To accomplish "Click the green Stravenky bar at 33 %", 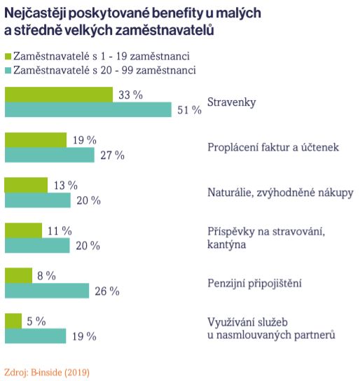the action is tap(59, 95).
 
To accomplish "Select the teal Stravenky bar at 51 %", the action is tap(88, 109).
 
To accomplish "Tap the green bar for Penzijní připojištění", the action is tap(18, 275).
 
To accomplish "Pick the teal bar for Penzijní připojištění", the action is tap(47, 291).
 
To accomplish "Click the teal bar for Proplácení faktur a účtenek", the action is tap(50, 155).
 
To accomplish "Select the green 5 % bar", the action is tap(13, 321).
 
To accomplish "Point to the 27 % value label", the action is tap(113, 155).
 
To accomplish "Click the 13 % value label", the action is tap(66, 186).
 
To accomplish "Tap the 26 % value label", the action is tap(107, 291).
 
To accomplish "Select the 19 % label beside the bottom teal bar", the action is tap(84, 337).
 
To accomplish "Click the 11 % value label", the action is tap(60, 230).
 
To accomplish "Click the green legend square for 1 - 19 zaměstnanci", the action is tap(8, 56).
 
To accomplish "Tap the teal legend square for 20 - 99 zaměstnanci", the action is tap(8, 71).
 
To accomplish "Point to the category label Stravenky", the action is tap(232, 102).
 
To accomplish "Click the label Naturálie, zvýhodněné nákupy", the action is tap(280, 193).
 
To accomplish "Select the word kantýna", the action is tap(227, 244).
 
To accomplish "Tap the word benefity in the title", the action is tap(177, 13).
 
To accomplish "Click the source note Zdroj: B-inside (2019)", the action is tap(47, 373).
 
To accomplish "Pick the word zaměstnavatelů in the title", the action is tap(165, 30).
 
